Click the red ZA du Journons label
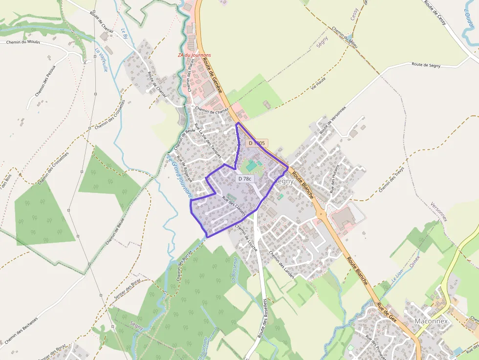[195, 55]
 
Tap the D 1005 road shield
[256, 143]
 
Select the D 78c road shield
[245, 179]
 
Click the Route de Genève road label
[213, 78]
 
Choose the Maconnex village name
[431, 321]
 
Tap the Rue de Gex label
[386, 311]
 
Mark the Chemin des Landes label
[282, 264]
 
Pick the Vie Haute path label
[318, 83]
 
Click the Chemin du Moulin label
[23, 42]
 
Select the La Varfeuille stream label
[101, 60]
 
